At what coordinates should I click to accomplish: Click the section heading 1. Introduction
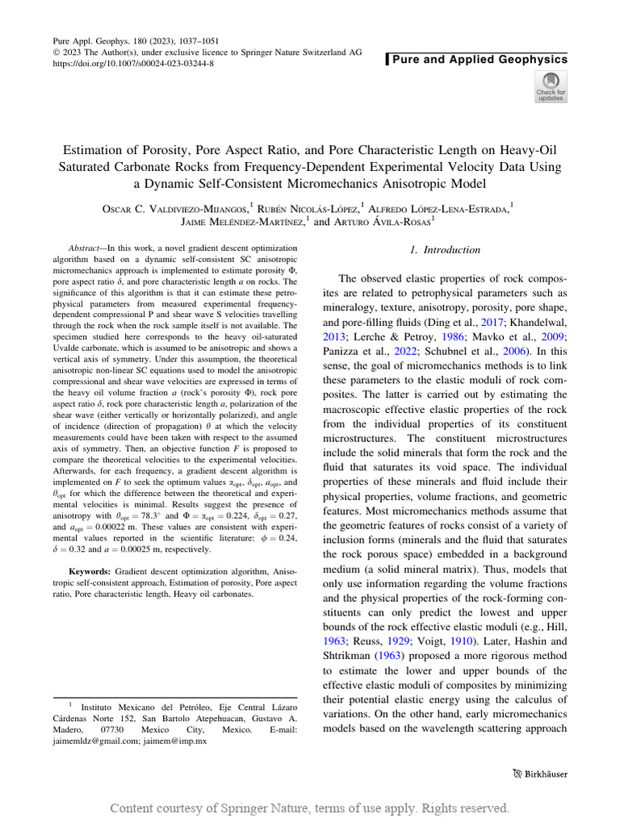(445, 250)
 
